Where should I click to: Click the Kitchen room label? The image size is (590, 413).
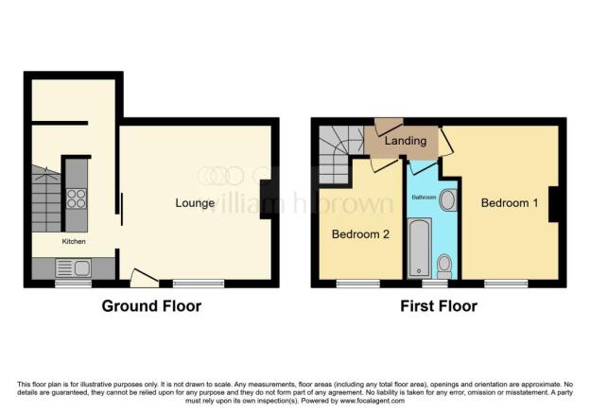(75, 242)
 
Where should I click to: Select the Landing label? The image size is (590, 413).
(406, 141)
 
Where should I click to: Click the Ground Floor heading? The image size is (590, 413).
(151, 306)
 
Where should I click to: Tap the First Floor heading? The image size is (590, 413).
(439, 306)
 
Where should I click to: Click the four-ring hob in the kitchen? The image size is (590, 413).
(76, 199)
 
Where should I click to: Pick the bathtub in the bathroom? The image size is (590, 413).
(418, 248)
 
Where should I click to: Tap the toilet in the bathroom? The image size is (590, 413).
(444, 266)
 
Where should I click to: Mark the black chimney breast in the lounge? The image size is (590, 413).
(269, 198)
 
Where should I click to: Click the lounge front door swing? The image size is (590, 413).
(143, 277)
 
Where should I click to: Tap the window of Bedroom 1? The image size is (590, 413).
(506, 282)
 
